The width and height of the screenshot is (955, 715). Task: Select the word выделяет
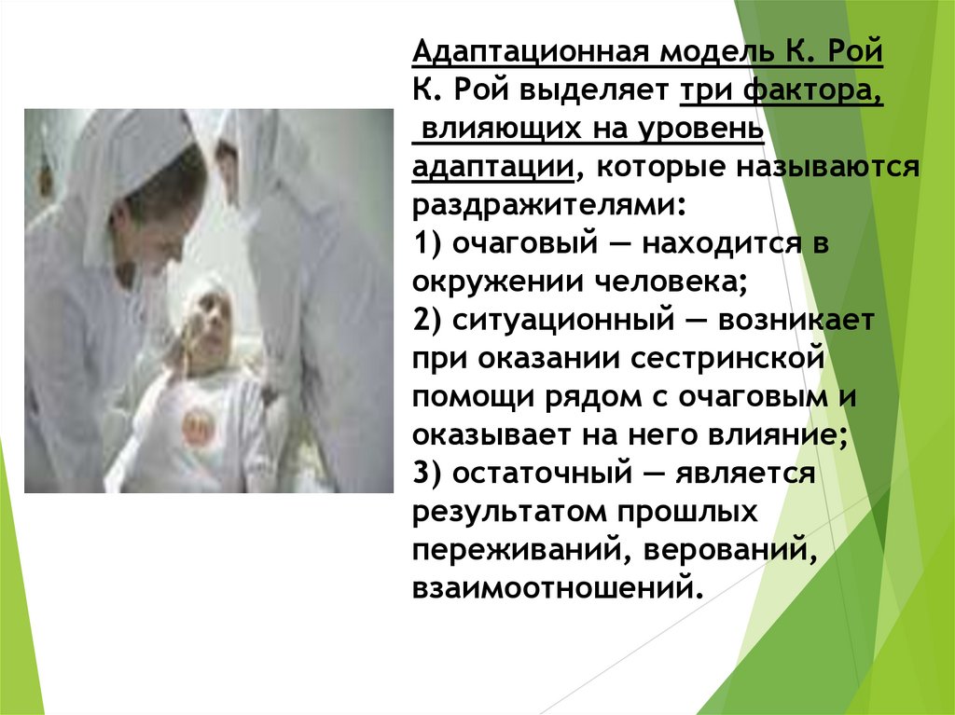pyautogui.click(x=592, y=90)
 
